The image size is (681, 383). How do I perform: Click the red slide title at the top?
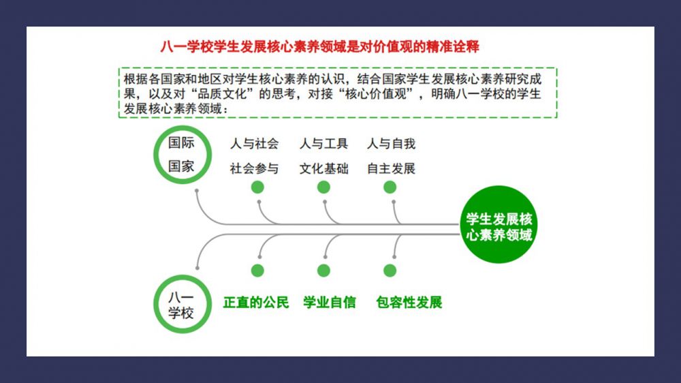(319, 46)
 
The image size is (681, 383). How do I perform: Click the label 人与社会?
(255, 144)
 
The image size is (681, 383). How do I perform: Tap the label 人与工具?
(323, 144)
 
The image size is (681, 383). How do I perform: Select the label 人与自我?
(392, 144)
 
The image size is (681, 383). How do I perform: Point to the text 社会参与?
(255, 168)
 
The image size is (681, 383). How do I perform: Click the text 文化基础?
(323, 168)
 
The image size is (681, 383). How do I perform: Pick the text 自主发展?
(392, 168)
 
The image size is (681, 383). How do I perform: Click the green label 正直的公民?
(256, 302)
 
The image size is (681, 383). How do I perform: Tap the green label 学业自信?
(329, 302)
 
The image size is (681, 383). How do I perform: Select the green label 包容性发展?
(409, 302)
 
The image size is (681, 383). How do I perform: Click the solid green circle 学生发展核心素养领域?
(498, 224)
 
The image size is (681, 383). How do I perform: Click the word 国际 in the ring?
(181, 142)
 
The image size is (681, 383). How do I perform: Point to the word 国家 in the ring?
(181, 166)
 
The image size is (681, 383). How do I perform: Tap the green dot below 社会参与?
(257, 187)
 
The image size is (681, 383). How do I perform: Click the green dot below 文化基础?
(323, 187)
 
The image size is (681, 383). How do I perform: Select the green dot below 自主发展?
(390, 187)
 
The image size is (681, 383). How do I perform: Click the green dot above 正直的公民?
(257, 271)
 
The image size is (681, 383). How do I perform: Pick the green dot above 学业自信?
(323, 271)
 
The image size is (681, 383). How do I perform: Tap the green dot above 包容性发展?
(390, 271)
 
